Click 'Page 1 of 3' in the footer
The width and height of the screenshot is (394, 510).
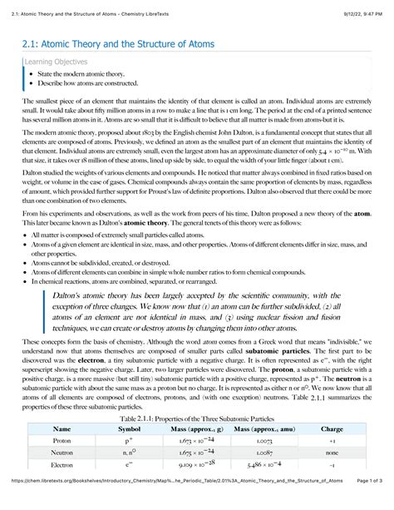click(365, 503)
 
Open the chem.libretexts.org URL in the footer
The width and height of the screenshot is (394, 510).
click(166, 503)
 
